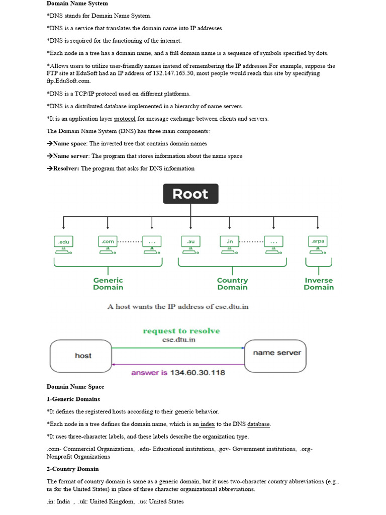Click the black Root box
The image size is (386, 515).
tap(190, 194)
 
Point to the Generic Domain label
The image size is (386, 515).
tap(108, 284)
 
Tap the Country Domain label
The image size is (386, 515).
tap(232, 284)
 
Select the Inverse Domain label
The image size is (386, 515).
tap(319, 284)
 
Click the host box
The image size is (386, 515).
tap(81, 356)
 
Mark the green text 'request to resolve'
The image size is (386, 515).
tap(181, 331)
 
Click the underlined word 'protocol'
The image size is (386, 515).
tap(125, 119)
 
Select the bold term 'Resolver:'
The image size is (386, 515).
tap(66, 168)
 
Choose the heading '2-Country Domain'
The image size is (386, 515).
tap(73, 469)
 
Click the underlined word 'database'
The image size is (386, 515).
tap(258, 424)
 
